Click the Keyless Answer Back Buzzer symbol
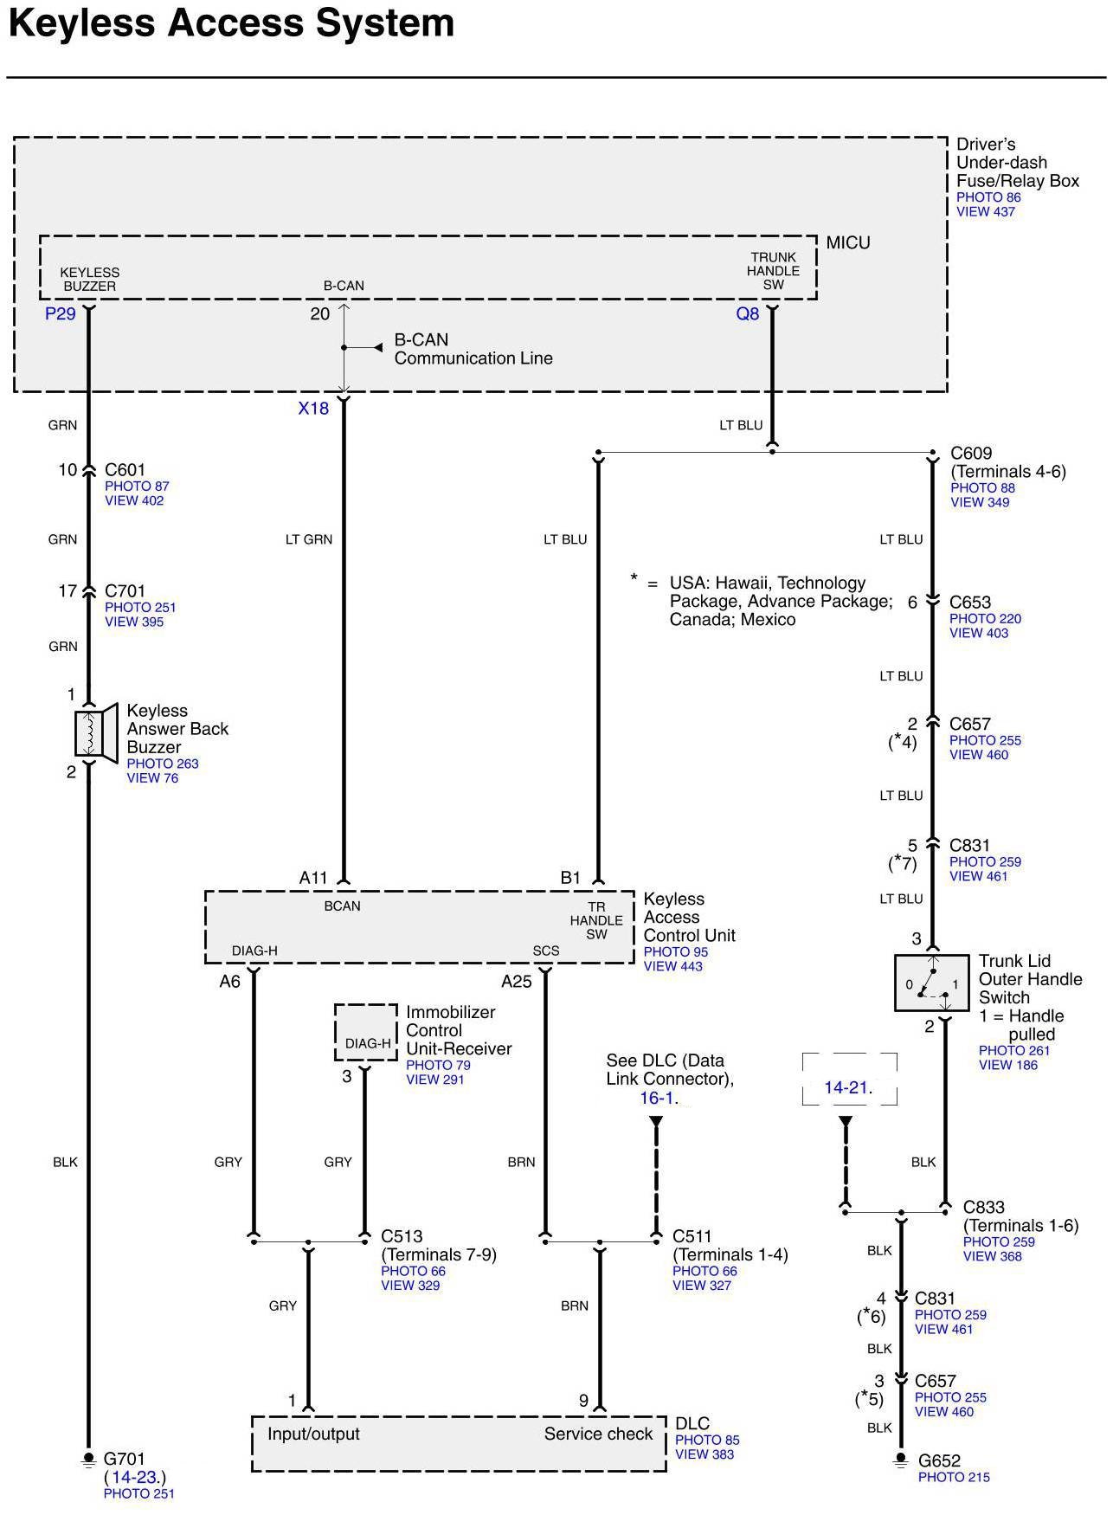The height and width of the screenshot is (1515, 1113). pos(94,734)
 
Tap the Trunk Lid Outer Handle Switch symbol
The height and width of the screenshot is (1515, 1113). pos(931,983)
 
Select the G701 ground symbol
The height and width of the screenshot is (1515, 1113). pos(87,1460)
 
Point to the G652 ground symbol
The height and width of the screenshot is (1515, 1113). pos(901,1460)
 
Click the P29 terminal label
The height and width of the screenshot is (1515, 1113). pos(61,313)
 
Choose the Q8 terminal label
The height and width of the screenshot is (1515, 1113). pos(747,313)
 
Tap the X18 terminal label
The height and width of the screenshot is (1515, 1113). pos(313,409)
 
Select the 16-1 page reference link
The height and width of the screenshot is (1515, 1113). pos(657,1098)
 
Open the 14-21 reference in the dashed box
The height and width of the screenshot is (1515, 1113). pos(847,1087)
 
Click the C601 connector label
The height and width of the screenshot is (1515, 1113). pos(125,470)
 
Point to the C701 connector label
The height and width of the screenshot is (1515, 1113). pos(125,591)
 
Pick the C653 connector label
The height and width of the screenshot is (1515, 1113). pos(970,603)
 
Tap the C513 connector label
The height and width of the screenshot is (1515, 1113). pos(402,1236)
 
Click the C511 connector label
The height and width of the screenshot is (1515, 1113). pos(692,1236)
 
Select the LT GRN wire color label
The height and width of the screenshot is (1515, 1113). pos(309,539)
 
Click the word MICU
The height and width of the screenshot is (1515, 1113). pos(848,243)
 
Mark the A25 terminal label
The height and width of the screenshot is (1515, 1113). pos(517,982)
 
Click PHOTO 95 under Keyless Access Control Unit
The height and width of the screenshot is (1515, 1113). pos(675,952)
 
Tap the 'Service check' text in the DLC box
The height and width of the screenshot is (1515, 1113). pos(598,1434)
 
